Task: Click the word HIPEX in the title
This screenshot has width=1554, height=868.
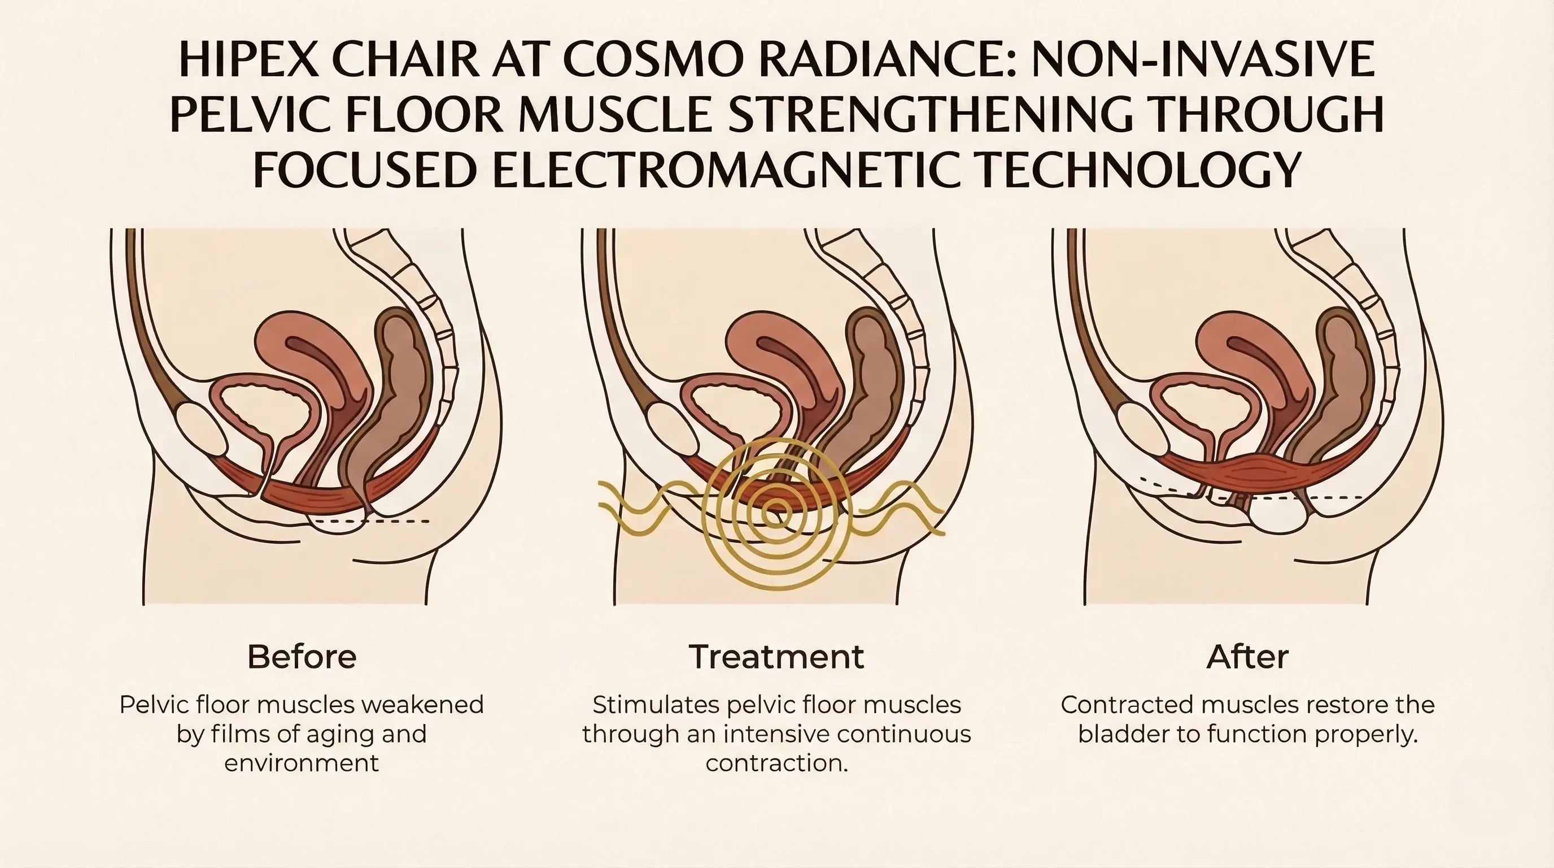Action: [249, 60]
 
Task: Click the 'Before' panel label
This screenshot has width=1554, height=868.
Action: [302, 657]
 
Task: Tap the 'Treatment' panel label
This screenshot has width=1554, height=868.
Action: [776, 657]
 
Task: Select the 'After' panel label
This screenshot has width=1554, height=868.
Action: [1247, 657]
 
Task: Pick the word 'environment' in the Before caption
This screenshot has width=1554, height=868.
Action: [302, 763]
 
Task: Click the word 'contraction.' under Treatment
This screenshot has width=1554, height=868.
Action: [777, 763]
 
